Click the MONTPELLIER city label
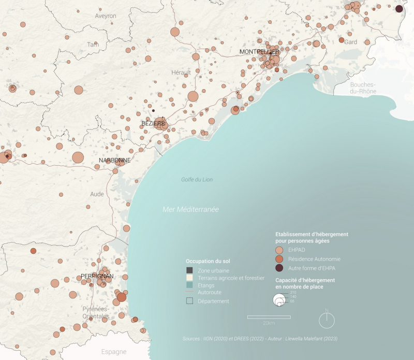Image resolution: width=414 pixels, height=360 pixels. tap(259, 52)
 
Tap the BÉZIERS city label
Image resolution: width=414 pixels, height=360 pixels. tap(153, 123)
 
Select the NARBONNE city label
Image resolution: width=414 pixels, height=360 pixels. tap(114, 161)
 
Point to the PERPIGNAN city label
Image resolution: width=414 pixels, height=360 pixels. tap(97, 276)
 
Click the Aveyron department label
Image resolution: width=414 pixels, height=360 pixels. tap(106, 16)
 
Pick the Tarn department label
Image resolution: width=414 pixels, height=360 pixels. tap(93, 45)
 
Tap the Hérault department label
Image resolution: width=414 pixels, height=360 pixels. tap(181, 72)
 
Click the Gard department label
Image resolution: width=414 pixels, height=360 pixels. tap(351, 42)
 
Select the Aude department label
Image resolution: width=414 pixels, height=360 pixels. tap(97, 194)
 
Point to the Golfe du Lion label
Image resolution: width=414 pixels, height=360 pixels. tap(197, 180)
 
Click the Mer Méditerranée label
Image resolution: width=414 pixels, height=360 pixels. tap(190, 210)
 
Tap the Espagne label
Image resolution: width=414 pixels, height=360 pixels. tap(114, 352)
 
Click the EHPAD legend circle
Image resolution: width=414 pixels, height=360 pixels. tap(279, 250)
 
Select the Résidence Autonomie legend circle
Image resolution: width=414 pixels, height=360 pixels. tap(279, 258)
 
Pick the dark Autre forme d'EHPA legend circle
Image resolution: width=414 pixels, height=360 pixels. tap(279, 268)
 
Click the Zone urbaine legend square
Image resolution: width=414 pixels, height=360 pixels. tap(189, 270)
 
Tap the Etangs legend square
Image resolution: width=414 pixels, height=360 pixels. tap(189, 285)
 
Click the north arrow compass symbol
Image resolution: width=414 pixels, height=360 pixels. tap(327, 321)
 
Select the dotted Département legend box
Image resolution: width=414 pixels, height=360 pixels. tap(189, 301)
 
